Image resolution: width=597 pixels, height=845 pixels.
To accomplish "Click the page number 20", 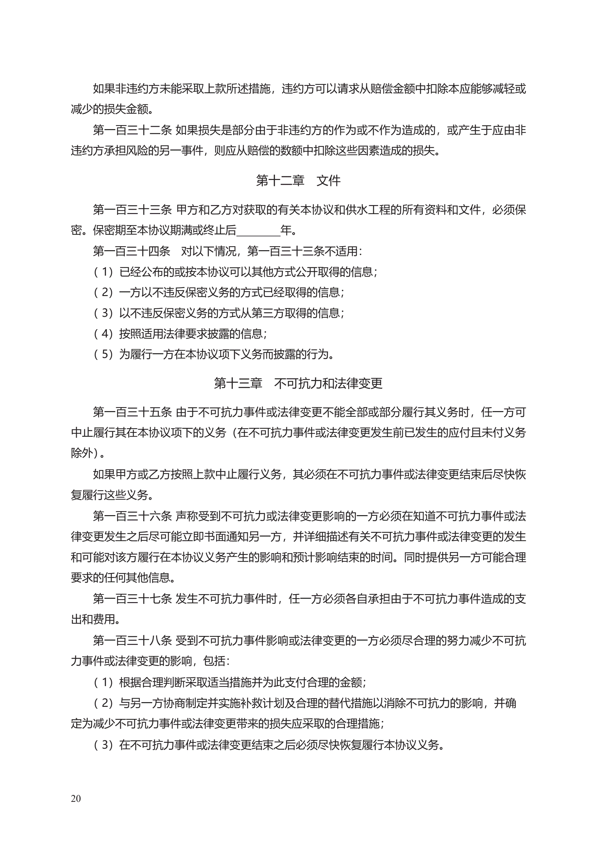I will coord(76,798).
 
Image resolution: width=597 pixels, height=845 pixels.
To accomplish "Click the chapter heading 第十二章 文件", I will coord(298,180).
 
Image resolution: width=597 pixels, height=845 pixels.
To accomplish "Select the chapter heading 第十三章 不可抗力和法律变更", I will coord(298,383).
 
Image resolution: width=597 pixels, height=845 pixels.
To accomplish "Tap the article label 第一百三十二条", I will coord(132,130).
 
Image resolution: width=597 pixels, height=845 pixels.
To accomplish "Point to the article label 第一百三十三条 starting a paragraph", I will coord(132,210).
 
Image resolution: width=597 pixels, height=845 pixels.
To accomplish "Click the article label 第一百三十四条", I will coord(131,251).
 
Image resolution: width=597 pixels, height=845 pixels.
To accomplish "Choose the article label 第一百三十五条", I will coord(132,412).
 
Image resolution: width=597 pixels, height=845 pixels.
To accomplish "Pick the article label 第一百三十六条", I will coord(132,516).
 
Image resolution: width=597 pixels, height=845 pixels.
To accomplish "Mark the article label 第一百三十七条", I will coord(132,599).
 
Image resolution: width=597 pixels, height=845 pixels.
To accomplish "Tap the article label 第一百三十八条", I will coord(132,640).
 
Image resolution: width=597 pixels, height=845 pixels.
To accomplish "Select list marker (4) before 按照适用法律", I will coord(103,334).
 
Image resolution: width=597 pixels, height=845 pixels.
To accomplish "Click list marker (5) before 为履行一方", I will coord(103,354).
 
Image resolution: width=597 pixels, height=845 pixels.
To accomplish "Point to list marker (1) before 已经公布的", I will coord(103,272).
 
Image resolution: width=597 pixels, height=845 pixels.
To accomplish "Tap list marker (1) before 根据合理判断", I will coord(103,682).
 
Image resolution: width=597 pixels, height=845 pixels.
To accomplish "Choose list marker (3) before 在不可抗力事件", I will coord(103,745).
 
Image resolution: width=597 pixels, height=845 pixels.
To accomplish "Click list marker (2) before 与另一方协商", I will coord(103,703).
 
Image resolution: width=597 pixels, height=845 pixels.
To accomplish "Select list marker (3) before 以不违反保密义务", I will coord(103,313).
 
